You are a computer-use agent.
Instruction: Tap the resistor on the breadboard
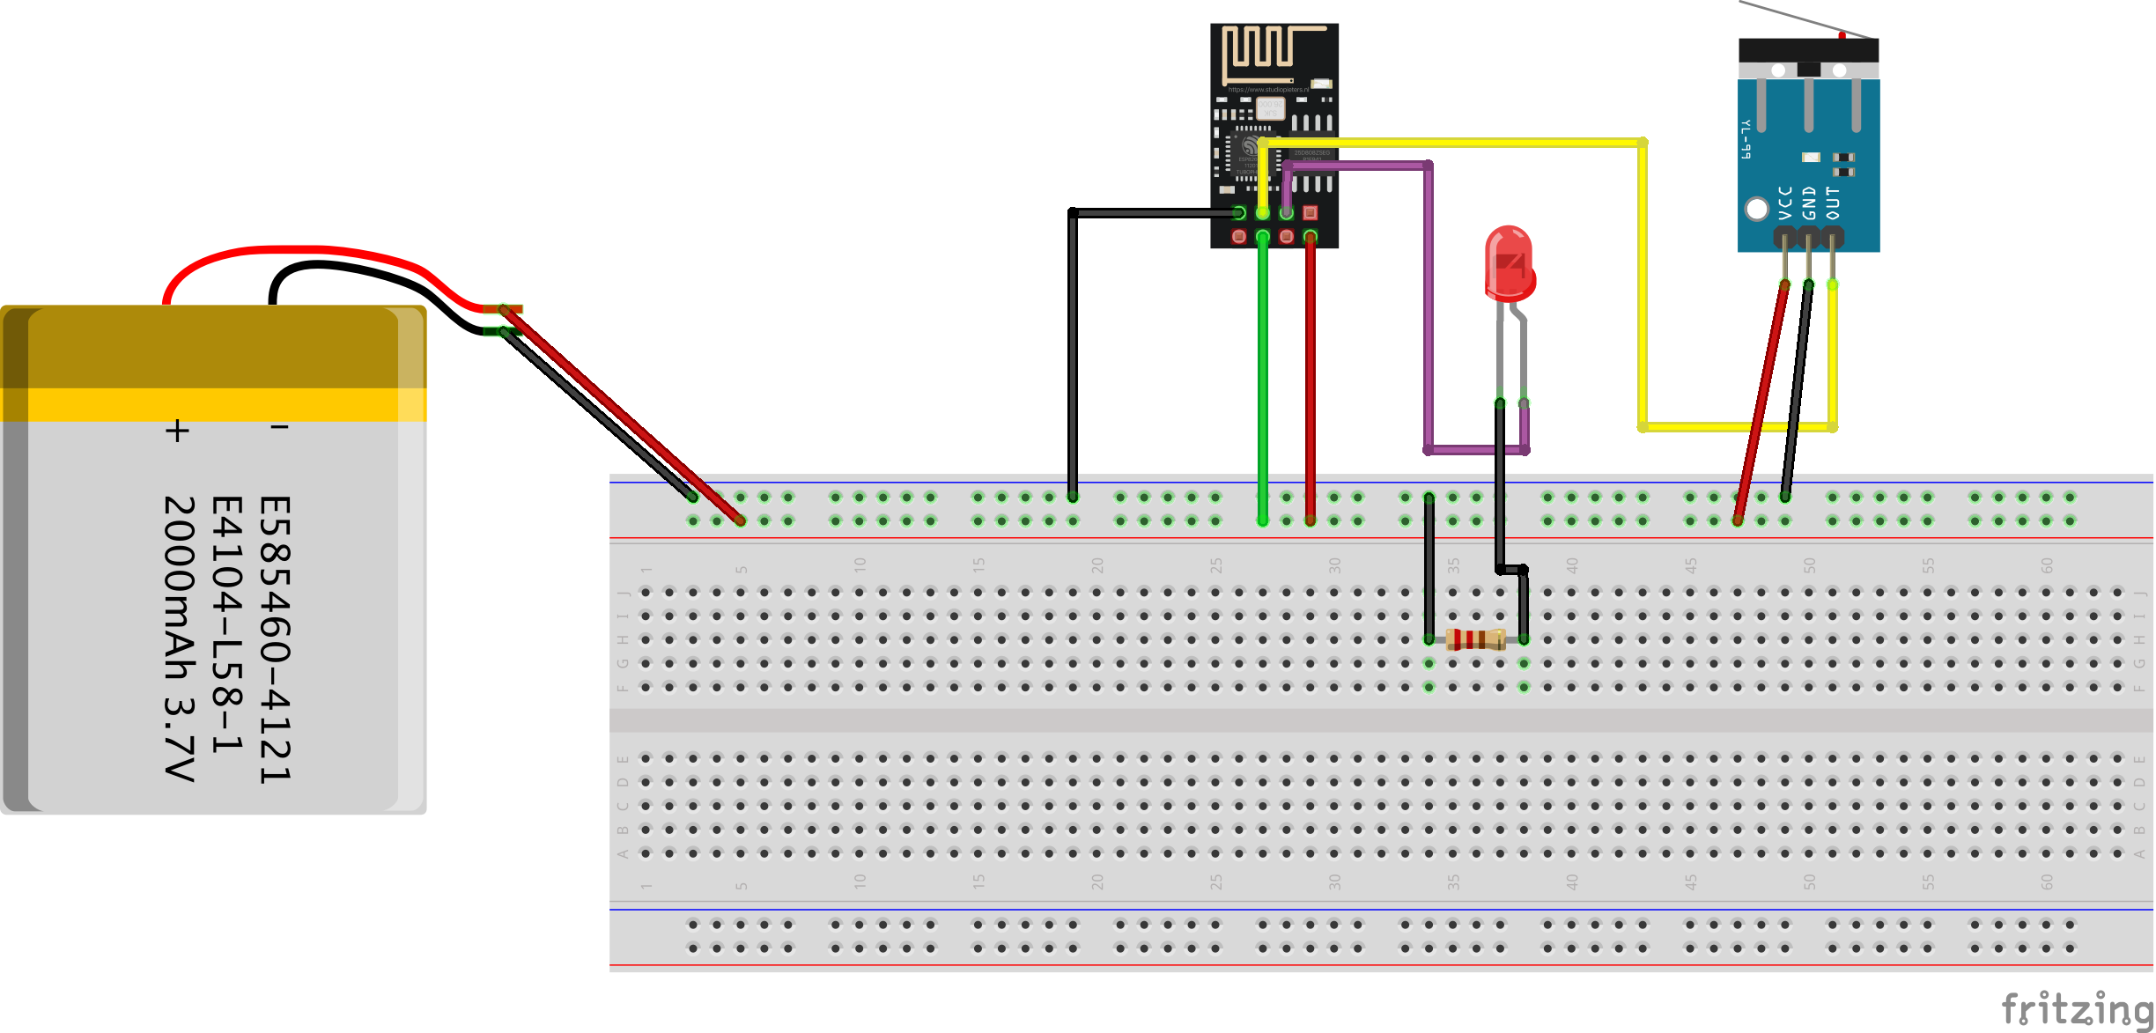[x=1476, y=639]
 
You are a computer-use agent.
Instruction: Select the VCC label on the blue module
[x=1785, y=203]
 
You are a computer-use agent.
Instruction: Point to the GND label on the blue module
[x=1809, y=203]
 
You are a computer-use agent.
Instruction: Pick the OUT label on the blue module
[x=1833, y=203]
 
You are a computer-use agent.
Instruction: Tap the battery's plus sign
[x=177, y=431]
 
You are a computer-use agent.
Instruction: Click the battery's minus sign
[x=279, y=428]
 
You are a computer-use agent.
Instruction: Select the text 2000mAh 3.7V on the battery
[x=180, y=638]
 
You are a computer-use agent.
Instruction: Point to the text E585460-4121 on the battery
[x=275, y=639]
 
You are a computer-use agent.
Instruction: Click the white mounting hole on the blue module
[x=1757, y=209]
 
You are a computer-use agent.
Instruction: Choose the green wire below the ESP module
[x=1263, y=379]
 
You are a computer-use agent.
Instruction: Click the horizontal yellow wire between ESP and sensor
[x=1453, y=142]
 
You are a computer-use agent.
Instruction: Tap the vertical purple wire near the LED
[x=1428, y=308]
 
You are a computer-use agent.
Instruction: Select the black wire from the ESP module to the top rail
[x=1073, y=352]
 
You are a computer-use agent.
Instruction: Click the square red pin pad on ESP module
[x=1311, y=212]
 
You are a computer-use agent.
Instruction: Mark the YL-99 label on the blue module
[x=1746, y=139]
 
